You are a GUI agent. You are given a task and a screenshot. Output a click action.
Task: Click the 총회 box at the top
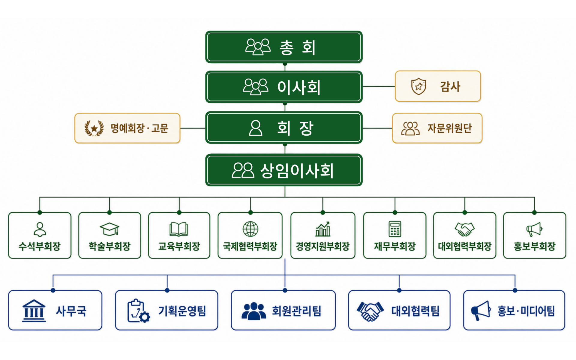(284, 47)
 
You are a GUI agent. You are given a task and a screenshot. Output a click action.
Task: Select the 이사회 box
(284, 87)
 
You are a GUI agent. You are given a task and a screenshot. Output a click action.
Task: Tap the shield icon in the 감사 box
(418, 86)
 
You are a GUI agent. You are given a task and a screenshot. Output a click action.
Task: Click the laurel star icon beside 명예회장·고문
(94, 128)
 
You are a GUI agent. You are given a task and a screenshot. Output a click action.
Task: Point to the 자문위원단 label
(449, 128)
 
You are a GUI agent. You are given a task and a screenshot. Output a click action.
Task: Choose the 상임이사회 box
(284, 170)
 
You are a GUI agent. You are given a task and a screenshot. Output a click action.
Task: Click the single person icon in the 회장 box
(256, 128)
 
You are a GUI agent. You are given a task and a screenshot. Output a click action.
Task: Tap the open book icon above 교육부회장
(179, 229)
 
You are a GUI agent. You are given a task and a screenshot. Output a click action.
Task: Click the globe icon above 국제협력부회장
(250, 229)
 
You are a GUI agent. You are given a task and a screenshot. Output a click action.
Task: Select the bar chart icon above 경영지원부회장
(323, 229)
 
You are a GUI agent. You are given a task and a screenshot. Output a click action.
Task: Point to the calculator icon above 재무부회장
(395, 229)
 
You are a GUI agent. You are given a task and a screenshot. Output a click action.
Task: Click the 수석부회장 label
(40, 246)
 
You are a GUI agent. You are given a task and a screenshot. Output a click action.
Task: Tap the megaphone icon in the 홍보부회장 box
(534, 229)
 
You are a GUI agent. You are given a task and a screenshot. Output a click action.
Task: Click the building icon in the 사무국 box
(34, 310)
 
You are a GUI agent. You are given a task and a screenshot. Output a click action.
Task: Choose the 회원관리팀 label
(296, 311)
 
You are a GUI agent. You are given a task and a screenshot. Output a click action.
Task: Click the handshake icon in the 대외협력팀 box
(370, 311)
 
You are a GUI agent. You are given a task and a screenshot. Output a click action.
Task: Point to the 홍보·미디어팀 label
(526, 311)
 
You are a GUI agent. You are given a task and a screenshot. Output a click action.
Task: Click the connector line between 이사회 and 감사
(379, 86)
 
